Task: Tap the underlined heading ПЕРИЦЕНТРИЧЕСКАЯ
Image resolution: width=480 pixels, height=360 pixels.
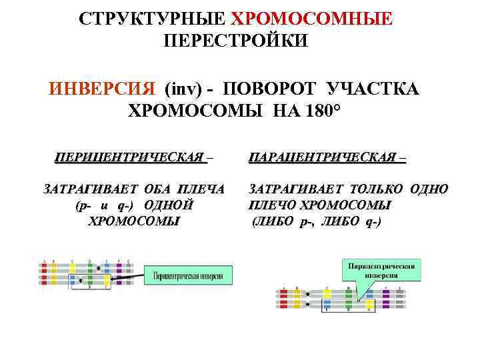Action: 131,157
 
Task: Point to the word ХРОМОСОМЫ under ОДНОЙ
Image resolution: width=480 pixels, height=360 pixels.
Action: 133,221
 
